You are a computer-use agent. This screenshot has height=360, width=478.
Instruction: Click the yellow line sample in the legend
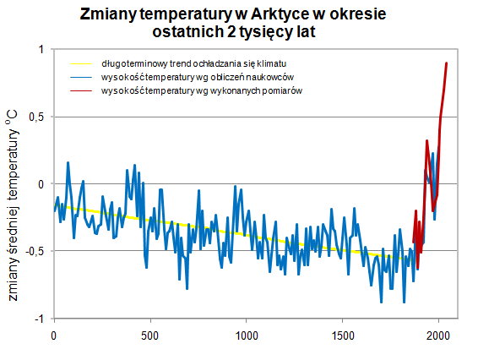point(84,63)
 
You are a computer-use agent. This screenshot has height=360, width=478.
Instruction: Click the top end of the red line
point(447,63)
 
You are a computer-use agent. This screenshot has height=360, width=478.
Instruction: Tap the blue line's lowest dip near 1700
point(381,301)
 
